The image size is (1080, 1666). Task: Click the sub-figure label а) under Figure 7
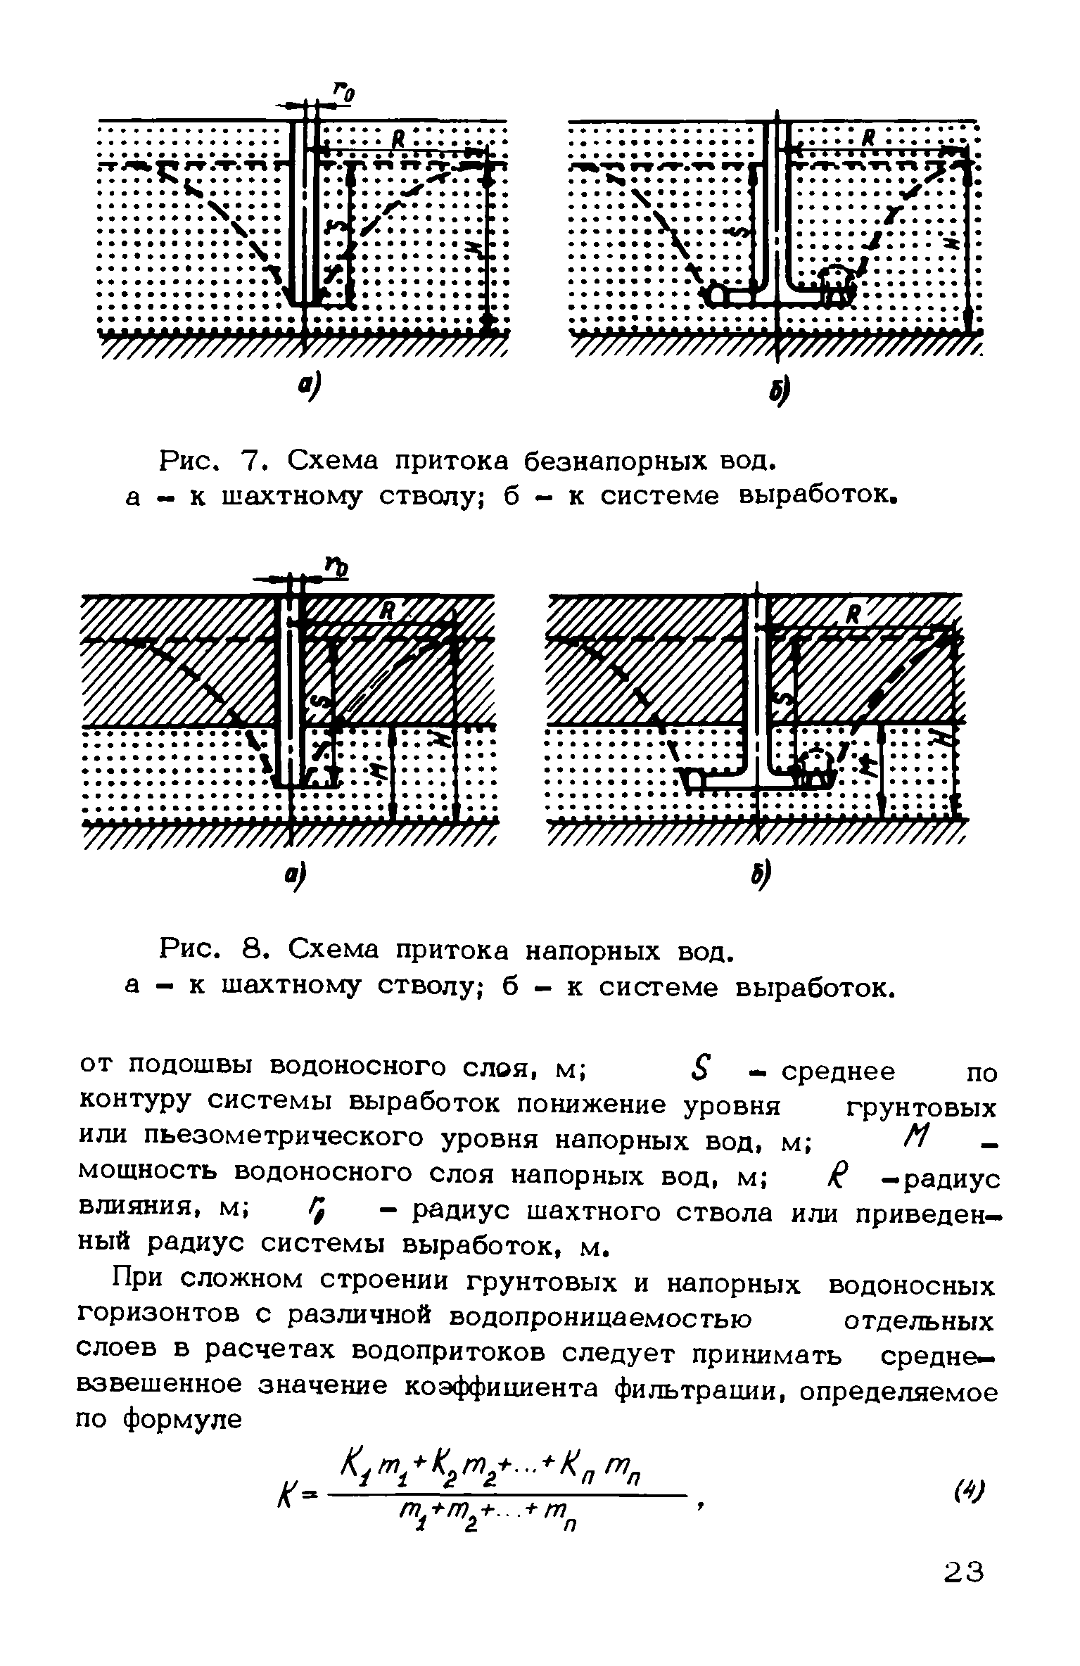[x=309, y=386]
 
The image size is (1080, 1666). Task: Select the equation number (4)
[x=972, y=1491]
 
